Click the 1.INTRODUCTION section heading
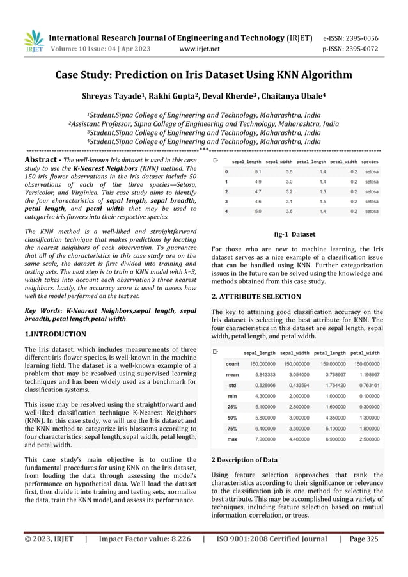55,334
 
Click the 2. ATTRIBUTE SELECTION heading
256,297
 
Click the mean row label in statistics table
232,375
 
